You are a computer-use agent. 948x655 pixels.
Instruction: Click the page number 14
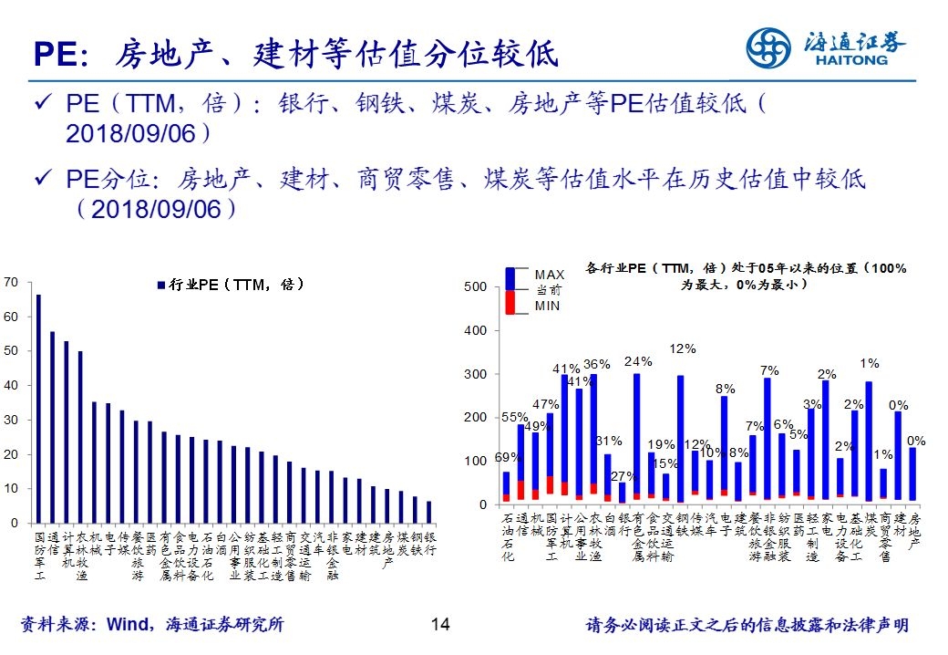440,625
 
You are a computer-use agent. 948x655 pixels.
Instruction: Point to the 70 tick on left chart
11,282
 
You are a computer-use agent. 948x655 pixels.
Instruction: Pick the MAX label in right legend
550,274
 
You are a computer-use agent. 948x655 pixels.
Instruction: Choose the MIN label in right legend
547,307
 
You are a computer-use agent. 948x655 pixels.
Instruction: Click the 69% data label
507,457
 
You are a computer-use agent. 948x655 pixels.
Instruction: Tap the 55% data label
515,418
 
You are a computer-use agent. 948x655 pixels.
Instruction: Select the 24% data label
638,361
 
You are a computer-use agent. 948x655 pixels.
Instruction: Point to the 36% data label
596,365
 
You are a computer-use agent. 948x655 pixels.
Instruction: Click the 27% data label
623,475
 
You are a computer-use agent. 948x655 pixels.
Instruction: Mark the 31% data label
608,441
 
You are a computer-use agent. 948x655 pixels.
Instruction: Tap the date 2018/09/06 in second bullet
156,209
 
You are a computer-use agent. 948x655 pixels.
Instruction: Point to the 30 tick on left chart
11,420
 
